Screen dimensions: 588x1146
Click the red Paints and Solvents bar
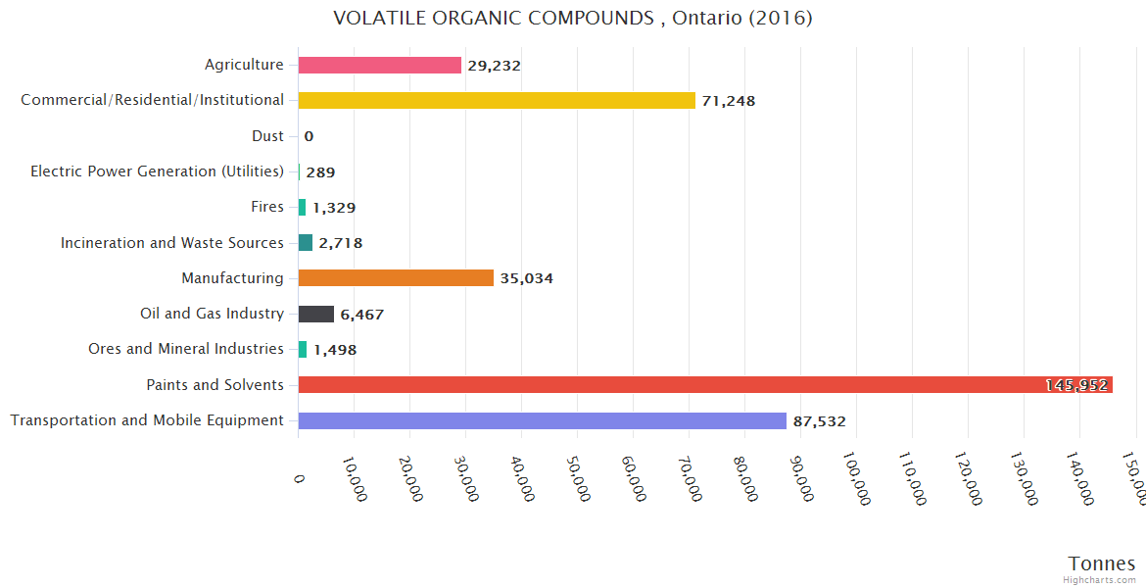pyautogui.click(x=705, y=385)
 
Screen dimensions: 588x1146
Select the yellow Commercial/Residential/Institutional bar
pyautogui.click(x=497, y=100)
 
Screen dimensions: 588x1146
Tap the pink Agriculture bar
pyautogui.click(x=380, y=65)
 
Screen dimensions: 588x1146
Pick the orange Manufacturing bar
pyautogui.click(x=396, y=278)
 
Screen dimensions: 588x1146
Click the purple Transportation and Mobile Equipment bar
pyautogui.click(x=543, y=420)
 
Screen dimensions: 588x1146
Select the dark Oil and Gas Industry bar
pyautogui.click(x=316, y=314)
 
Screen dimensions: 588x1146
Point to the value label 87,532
pyautogui.click(x=819, y=421)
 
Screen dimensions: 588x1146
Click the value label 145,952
pyautogui.click(x=1076, y=385)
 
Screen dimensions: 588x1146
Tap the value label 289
pyautogui.click(x=320, y=172)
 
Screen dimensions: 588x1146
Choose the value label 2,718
pyautogui.click(x=340, y=243)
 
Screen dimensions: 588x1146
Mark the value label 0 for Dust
pyautogui.click(x=309, y=136)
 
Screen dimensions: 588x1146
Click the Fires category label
pyautogui.click(x=267, y=207)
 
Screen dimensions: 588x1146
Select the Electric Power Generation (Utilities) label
pyautogui.click(x=157, y=171)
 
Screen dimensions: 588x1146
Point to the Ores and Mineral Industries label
pyautogui.click(x=186, y=349)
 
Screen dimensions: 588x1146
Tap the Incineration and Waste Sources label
pyautogui.click(x=172, y=243)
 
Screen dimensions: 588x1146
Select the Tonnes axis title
pyautogui.click(x=1102, y=563)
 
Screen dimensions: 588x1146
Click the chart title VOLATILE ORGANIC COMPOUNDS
pyautogui.click(x=572, y=19)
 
